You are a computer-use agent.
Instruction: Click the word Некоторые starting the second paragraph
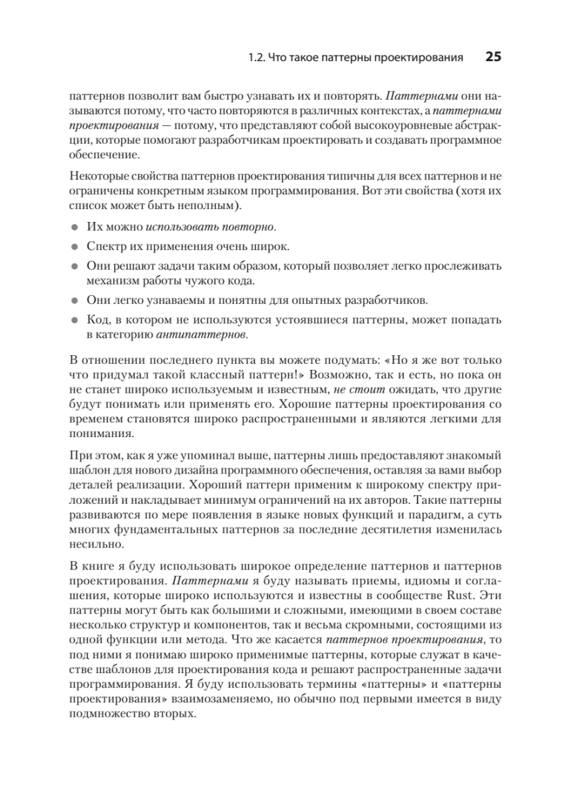(x=97, y=177)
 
